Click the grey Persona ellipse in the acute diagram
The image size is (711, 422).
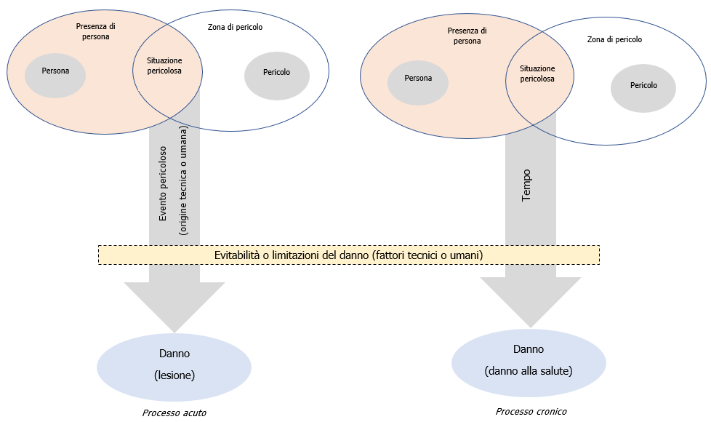point(55,71)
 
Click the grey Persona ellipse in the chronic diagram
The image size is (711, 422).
point(418,79)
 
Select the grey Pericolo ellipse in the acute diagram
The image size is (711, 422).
point(277,73)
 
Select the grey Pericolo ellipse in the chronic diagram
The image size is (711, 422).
point(643,86)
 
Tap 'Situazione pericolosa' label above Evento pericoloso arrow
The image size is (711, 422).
point(164,65)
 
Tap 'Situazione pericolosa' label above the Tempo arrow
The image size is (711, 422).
point(537,73)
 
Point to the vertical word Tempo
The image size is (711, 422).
point(526,186)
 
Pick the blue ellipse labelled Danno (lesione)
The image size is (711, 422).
point(174,365)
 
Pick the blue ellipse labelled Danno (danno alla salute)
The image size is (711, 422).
point(529,362)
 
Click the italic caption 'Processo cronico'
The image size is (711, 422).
point(531,411)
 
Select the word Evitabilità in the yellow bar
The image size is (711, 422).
point(239,256)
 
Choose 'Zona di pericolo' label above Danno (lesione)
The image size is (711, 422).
point(235,27)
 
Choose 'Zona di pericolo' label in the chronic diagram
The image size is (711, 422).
point(614,40)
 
